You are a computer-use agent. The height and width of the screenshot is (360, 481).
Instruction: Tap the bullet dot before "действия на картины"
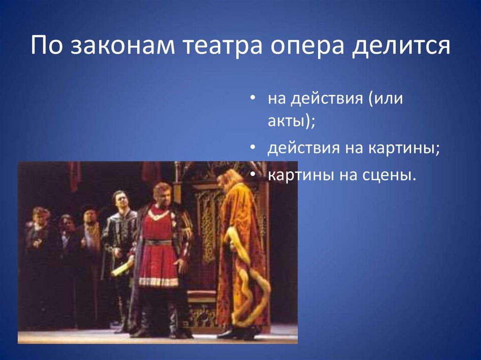tap(253, 148)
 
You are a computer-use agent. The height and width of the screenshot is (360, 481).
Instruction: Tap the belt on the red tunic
tap(158, 242)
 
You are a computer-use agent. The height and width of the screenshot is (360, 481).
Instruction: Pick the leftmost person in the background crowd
tap(39, 221)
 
